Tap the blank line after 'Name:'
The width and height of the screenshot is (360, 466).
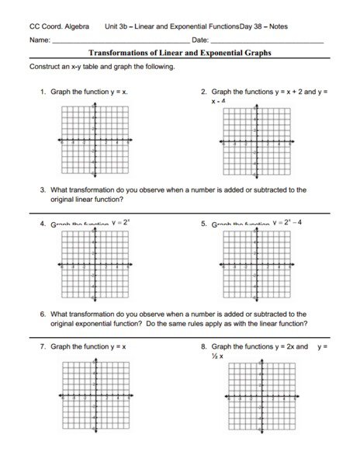116,39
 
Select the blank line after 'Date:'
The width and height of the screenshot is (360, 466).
267,39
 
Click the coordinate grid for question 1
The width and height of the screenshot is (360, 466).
95,142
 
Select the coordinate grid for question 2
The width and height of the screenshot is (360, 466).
256,143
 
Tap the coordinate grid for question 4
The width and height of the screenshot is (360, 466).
95,266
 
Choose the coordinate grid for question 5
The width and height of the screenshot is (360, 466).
256,266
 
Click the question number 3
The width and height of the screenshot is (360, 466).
43,189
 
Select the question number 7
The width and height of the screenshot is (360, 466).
43,346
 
